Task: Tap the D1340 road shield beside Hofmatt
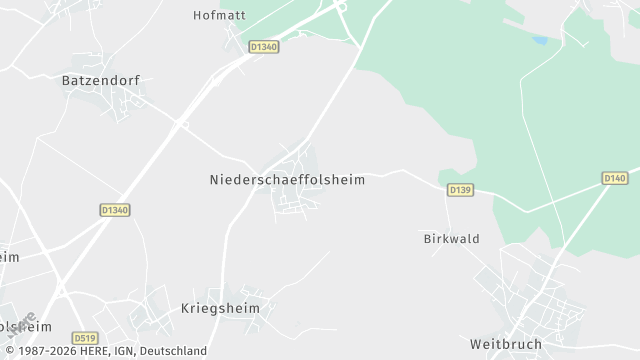coord(263,46)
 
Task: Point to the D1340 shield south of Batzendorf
coord(116,210)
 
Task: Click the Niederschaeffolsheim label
coord(287,180)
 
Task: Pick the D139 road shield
coord(460,189)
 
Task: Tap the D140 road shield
coord(615,178)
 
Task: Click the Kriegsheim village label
coord(220,309)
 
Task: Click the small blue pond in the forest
coord(540,41)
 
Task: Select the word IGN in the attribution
coord(122,351)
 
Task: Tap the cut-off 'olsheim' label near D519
coord(22,327)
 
